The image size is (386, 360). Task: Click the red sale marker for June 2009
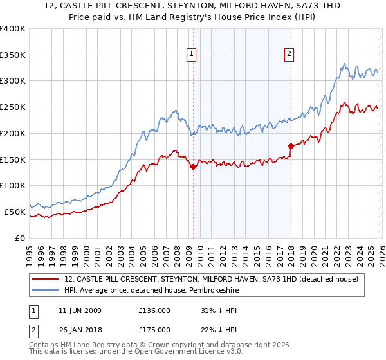tap(193, 166)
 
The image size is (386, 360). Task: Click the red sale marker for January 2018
tap(290, 146)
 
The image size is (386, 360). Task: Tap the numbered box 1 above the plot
tap(192, 54)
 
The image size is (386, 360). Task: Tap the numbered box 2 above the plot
tap(289, 54)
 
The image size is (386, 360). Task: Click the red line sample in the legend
tap(46, 279)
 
